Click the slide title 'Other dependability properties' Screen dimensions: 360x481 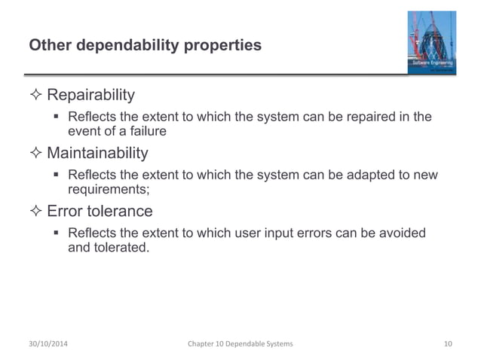[x=145, y=45]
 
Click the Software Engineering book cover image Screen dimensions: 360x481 [x=426, y=42]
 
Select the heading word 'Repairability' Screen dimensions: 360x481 [x=91, y=96]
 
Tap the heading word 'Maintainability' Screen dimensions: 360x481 [x=97, y=154]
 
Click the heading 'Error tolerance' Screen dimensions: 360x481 [x=100, y=212]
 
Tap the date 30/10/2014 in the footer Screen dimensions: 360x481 [x=52, y=343]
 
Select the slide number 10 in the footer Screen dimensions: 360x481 [x=448, y=343]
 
